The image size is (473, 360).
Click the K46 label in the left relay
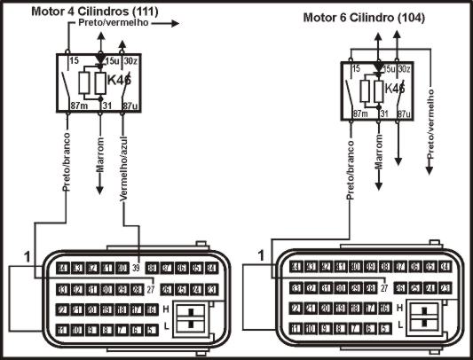[x=119, y=80]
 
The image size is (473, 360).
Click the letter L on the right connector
[x=401, y=326]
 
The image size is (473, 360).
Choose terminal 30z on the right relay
[x=404, y=68]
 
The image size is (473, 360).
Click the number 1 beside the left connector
[x=27, y=255]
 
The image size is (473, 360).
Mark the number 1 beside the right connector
[x=260, y=255]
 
